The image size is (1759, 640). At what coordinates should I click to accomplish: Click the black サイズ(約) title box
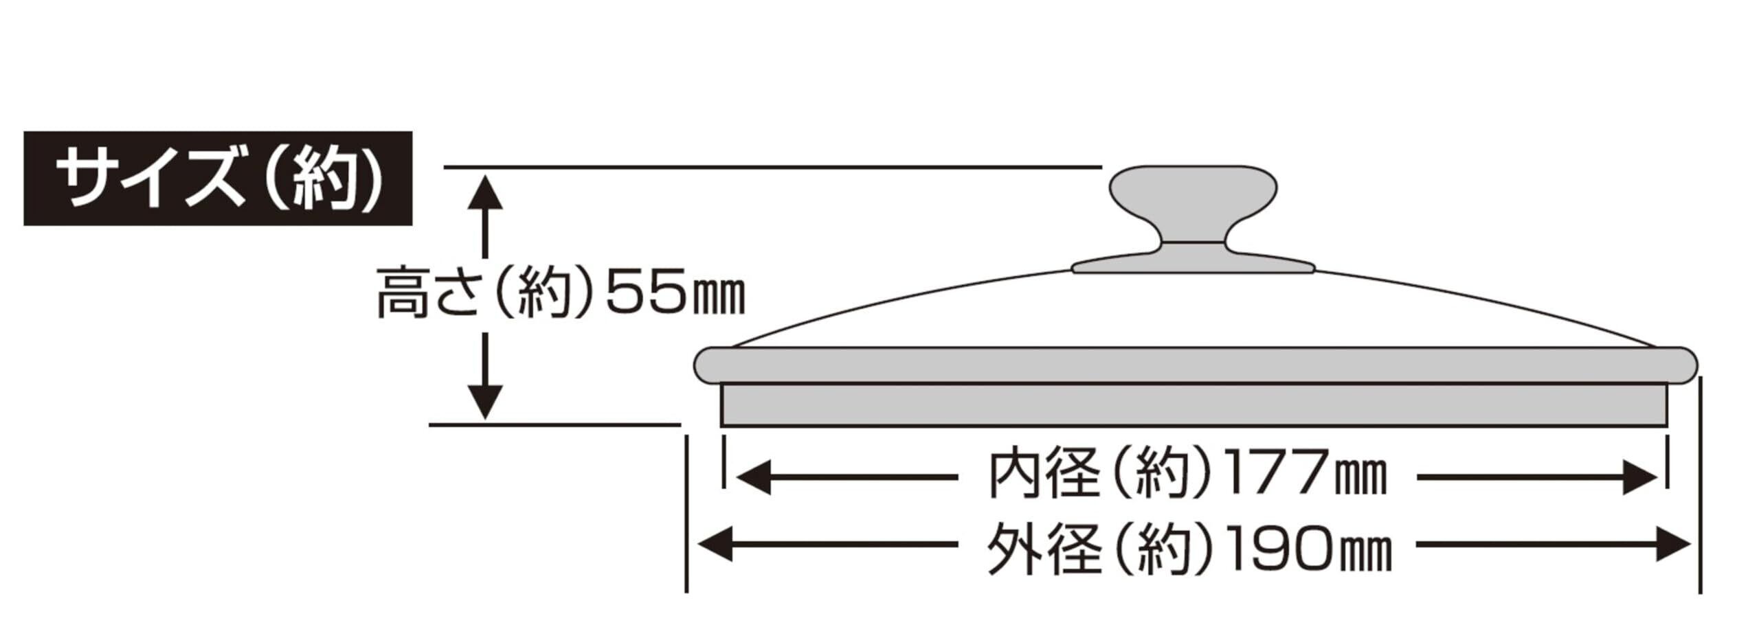(x=217, y=178)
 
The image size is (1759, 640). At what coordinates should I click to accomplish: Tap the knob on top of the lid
(x=1194, y=199)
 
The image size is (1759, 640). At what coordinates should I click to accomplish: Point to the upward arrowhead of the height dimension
(x=485, y=192)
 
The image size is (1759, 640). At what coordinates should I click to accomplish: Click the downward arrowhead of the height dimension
(x=485, y=402)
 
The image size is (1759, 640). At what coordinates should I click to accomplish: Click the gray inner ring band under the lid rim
(x=1194, y=404)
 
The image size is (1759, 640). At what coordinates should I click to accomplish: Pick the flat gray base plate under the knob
(x=1194, y=265)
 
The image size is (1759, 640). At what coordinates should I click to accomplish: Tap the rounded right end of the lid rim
(x=1684, y=365)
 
